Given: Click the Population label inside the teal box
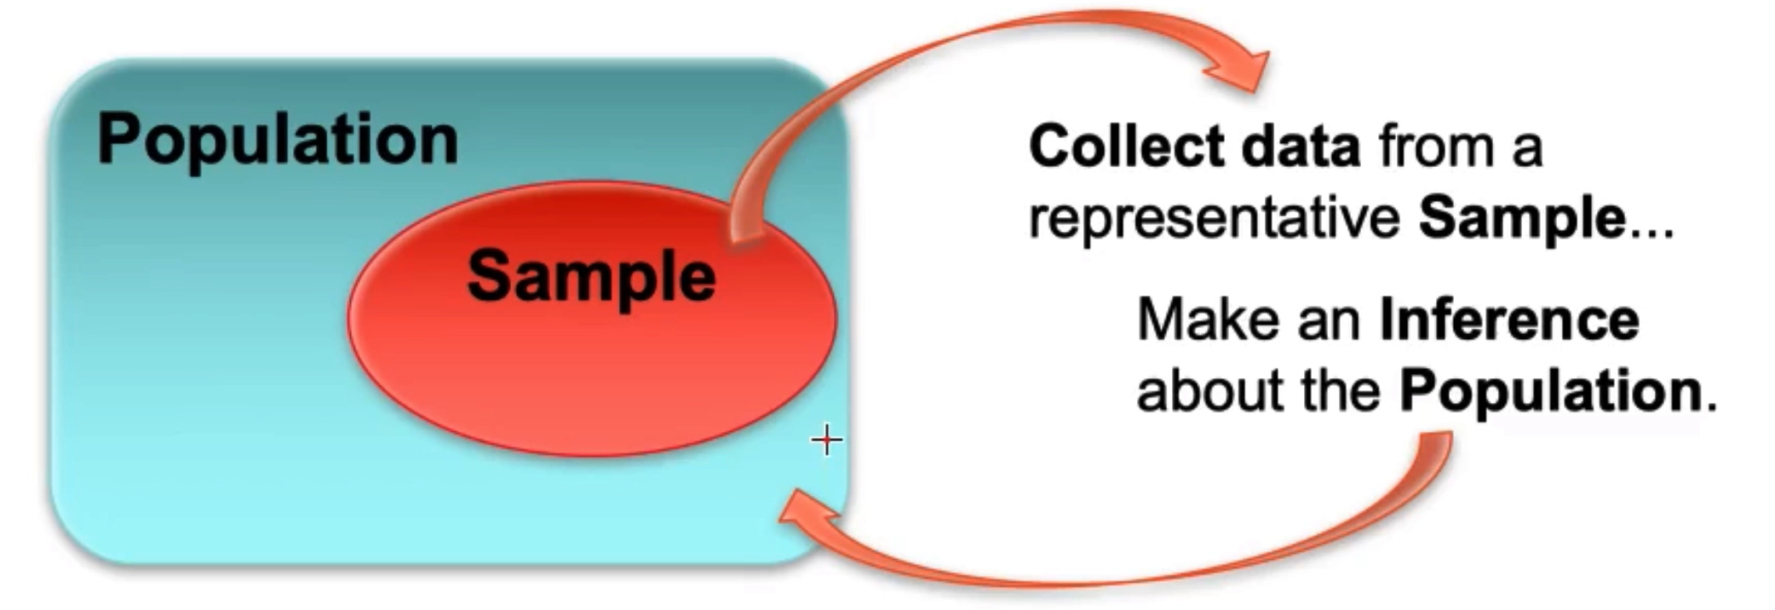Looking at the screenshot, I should [x=278, y=140].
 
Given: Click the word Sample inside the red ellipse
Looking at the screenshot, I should [x=591, y=276].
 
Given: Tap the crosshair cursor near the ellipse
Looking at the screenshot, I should [x=826, y=440].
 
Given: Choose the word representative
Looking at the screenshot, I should [x=1214, y=218].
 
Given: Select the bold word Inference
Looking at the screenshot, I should [x=1508, y=319].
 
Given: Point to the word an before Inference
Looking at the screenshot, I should [x=1329, y=319].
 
